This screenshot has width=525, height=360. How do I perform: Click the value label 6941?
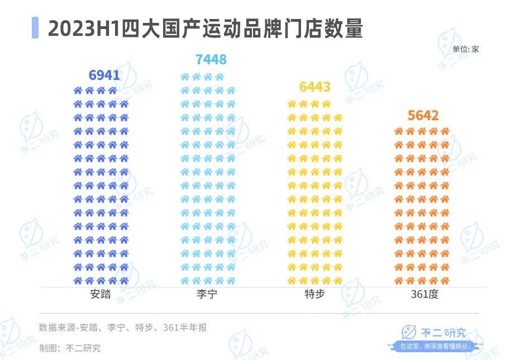[x=104, y=75]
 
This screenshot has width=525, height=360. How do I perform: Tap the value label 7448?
[x=211, y=60]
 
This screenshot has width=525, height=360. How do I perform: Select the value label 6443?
[x=314, y=87]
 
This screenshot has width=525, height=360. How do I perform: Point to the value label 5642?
[x=423, y=116]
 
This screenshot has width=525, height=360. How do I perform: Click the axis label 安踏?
[x=100, y=295]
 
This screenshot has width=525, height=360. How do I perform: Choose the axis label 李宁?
[x=207, y=295]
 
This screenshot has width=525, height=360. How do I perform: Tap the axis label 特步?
[x=314, y=295]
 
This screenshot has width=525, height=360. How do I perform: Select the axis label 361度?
[x=423, y=295]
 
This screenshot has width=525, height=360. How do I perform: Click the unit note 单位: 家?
[x=466, y=49]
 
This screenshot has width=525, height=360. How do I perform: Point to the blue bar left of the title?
[x=35, y=27]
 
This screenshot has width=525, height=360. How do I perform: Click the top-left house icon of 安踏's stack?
[x=78, y=90]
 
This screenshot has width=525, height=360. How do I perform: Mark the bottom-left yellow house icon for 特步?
[x=291, y=280]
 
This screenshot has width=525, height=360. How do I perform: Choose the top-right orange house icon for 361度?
[x=445, y=131]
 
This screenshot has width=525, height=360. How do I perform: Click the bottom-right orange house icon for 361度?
[x=445, y=280]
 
